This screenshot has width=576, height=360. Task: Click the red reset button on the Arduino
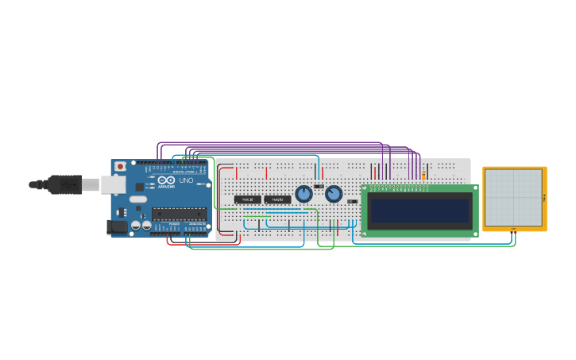pyautogui.click(x=120, y=166)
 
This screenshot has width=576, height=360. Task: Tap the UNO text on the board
pyautogui.click(x=186, y=180)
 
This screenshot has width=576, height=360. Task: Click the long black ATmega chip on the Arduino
pyautogui.click(x=179, y=213)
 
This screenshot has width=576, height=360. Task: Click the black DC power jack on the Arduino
pyautogui.click(x=117, y=227)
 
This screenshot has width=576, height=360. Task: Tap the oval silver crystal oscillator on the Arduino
pyautogui.click(x=138, y=199)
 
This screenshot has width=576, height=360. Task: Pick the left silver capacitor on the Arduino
pyautogui.click(x=136, y=226)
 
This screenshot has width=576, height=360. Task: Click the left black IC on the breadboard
pyautogui.click(x=247, y=199)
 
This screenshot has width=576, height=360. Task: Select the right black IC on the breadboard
pyautogui.click(x=277, y=199)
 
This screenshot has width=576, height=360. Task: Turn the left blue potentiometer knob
pyautogui.click(x=303, y=194)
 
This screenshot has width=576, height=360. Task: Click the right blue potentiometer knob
pyautogui.click(x=334, y=194)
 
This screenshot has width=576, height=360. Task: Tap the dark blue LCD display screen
pyautogui.click(x=419, y=211)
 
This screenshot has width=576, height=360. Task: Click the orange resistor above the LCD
pyautogui.click(x=423, y=175)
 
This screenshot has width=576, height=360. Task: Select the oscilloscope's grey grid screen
pyautogui.click(x=513, y=197)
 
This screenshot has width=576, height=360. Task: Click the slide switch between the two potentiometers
pyautogui.click(x=319, y=187)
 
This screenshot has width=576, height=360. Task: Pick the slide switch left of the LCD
pyautogui.click(x=352, y=201)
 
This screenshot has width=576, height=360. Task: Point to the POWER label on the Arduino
pyautogui.click(x=174, y=224)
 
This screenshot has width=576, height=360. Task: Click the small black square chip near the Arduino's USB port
pyautogui.click(x=140, y=187)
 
